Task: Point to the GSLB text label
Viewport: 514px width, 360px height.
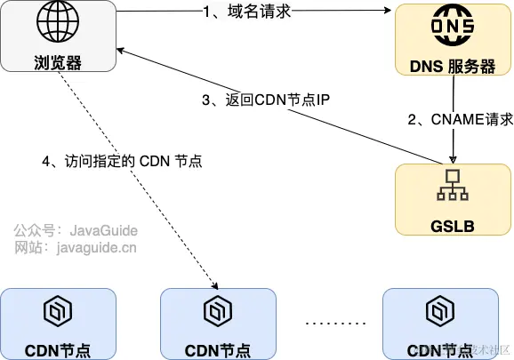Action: [x=454, y=225]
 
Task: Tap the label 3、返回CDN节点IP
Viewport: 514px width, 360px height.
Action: [x=266, y=100]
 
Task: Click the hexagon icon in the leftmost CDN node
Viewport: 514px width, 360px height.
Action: [x=58, y=312]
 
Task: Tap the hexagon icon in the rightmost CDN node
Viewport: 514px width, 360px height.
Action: [x=440, y=312]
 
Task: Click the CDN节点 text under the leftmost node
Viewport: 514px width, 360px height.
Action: [x=58, y=349]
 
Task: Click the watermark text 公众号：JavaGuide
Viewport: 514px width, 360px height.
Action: [x=76, y=229]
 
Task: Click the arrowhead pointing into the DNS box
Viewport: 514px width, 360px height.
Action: [x=389, y=12]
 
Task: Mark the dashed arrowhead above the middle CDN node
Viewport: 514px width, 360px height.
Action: [x=215, y=284]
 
